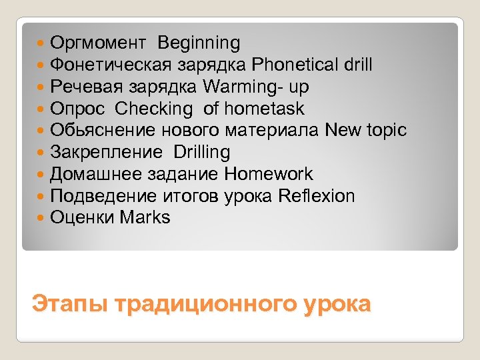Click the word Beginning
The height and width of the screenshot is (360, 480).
[x=199, y=44]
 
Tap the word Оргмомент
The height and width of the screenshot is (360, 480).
[x=97, y=44]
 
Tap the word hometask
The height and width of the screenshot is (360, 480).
[x=264, y=109]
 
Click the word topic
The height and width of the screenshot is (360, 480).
[x=387, y=131]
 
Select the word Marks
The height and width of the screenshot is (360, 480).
[x=145, y=217]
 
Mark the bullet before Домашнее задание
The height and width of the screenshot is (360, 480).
[x=42, y=175]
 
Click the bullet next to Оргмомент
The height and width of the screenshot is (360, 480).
[x=42, y=44]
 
